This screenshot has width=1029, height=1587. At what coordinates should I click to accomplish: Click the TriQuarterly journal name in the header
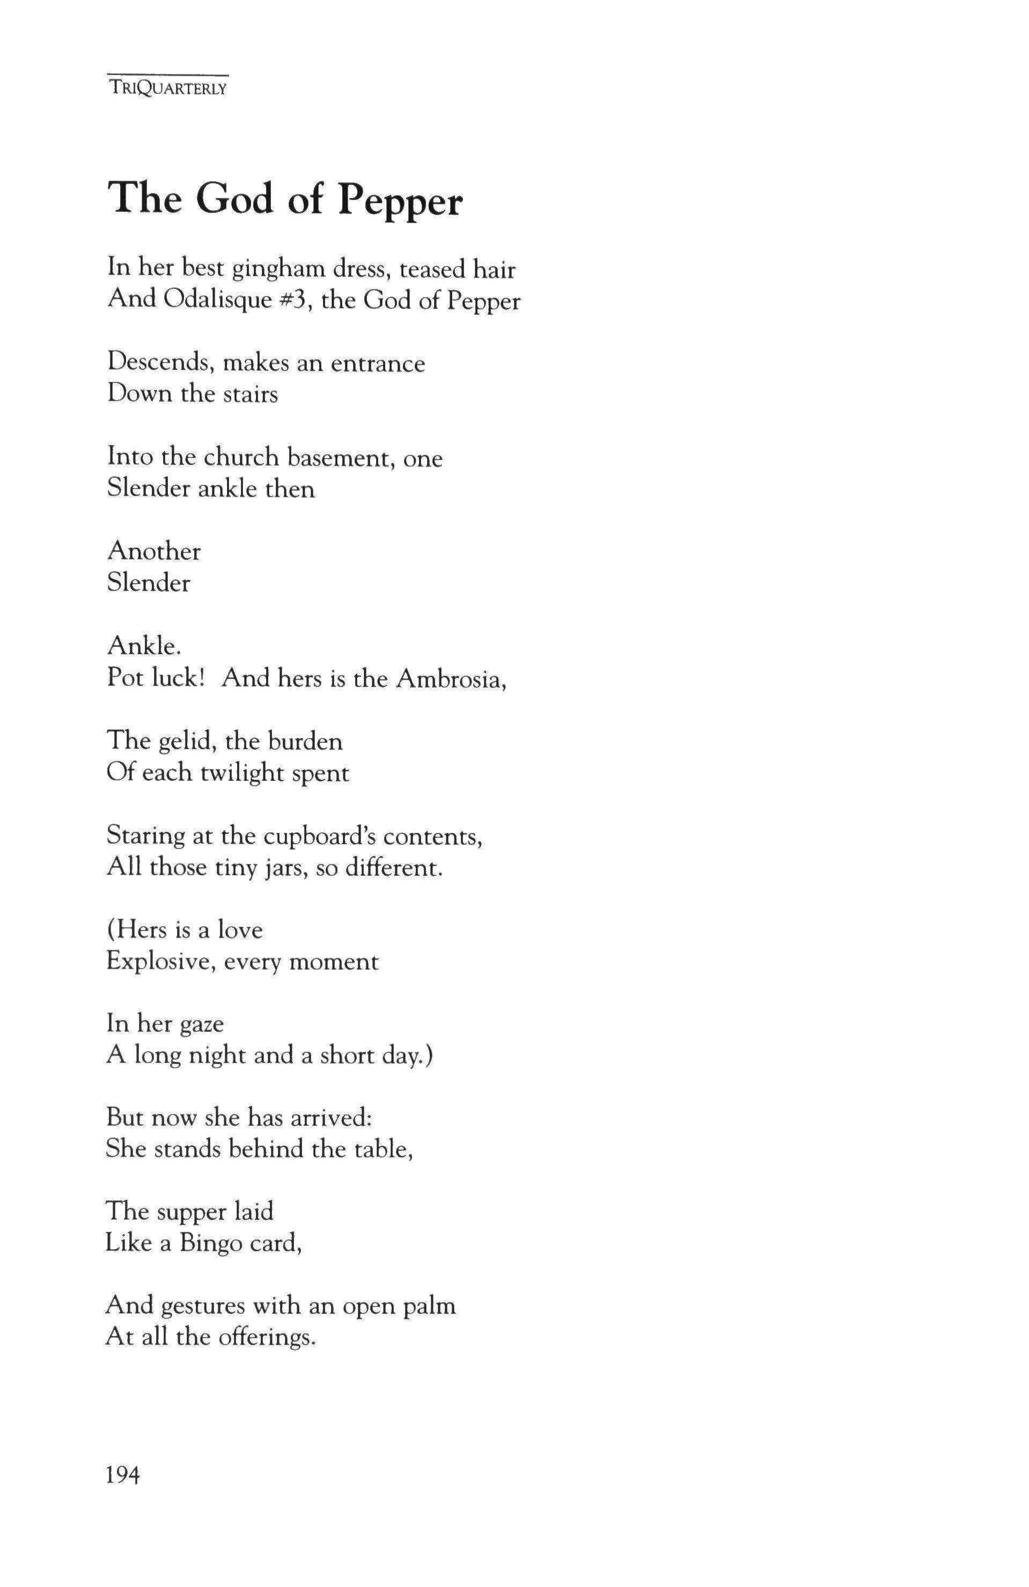167,88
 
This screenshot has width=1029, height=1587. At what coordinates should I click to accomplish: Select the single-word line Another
154,551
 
